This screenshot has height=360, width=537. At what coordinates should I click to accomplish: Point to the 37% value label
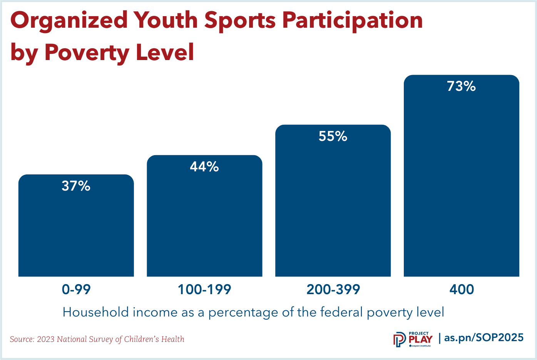click(76, 186)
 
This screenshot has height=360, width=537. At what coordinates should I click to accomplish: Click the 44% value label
click(204, 167)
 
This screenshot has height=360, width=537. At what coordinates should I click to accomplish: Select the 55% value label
click(333, 136)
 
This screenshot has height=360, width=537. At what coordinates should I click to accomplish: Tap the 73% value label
click(461, 87)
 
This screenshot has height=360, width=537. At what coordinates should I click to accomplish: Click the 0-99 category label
click(76, 289)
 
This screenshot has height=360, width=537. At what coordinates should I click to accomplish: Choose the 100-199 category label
click(204, 289)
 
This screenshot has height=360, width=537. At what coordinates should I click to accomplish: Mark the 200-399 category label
click(333, 289)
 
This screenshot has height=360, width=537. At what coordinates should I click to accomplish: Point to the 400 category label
click(462, 289)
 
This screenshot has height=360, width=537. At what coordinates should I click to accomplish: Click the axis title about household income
click(253, 312)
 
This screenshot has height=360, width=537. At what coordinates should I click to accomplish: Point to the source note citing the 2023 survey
click(97, 339)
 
